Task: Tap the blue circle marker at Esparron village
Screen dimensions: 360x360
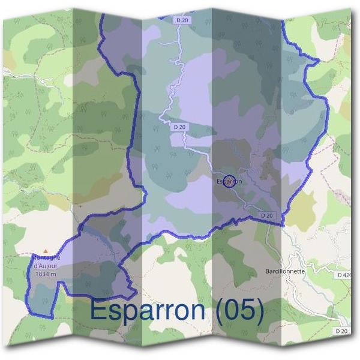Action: pyautogui.click(x=229, y=181)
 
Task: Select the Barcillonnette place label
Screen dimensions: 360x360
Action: pyautogui.click(x=285, y=271)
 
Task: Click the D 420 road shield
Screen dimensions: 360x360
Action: pyautogui.click(x=344, y=275)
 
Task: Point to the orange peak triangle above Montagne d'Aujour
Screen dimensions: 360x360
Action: pyautogui.click(x=45, y=250)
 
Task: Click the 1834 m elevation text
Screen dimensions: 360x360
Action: pyautogui.click(x=46, y=274)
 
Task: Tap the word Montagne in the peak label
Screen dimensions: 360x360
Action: pyautogui.click(x=46, y=258)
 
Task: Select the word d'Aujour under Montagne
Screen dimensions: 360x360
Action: pyautogui.click(x=46, y=266)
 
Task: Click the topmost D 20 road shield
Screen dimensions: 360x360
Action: pyautogui.click(x=184, y=20)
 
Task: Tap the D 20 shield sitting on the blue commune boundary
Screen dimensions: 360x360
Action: pyautogui.click(x=267, y=216)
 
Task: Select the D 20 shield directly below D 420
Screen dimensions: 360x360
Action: pyautogui.click(x=341, y=331)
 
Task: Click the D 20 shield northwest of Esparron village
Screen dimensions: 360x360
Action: pyautogui.click(x=179, y=127)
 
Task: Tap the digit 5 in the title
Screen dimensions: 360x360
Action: pyautogui.click(x=248, y=310)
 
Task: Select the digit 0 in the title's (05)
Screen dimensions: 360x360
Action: pyautogui.click(x=233, y=310)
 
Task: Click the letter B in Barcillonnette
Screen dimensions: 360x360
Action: pyautogui.click(x=267, y=271)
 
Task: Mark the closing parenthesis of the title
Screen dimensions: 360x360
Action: pyautogui.click(x=260, y=311)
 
